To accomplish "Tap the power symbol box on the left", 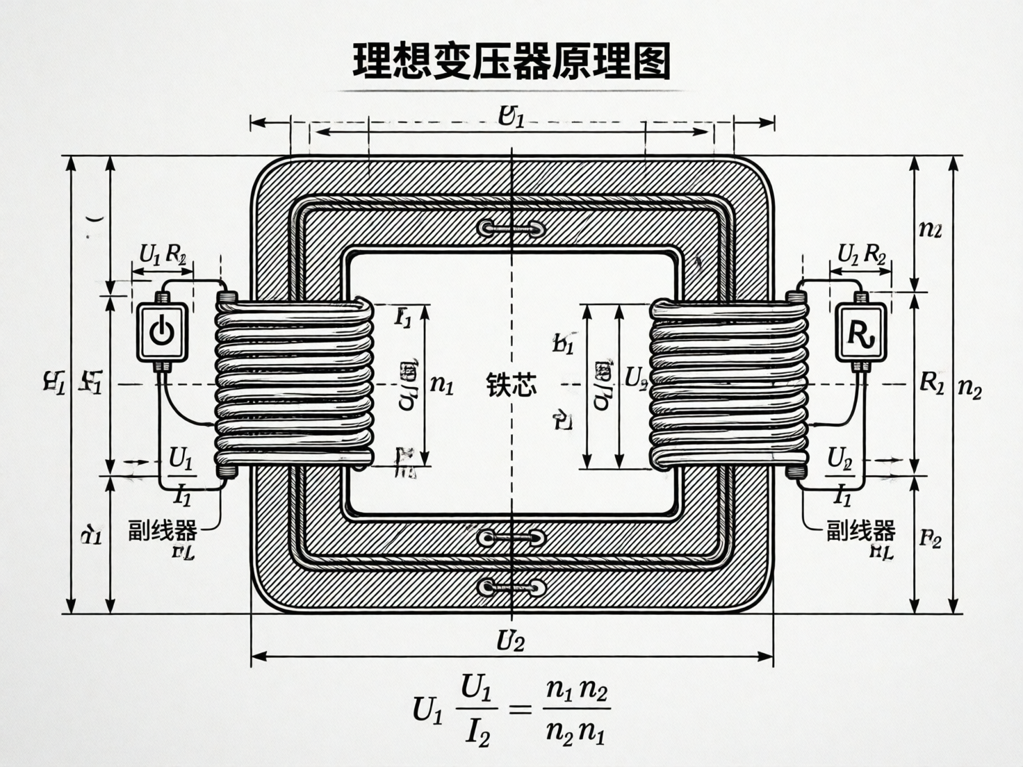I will point(161,332).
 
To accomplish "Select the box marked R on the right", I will point(861,332).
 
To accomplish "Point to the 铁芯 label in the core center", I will point(511,384).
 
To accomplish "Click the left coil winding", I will point(294,384).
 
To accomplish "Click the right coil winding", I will point(728,384).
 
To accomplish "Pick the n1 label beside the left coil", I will point(441,384).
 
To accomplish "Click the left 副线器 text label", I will point(162,530).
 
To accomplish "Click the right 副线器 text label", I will point(860,530).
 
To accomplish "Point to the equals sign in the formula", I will point(521,709).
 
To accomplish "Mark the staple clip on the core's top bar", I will point(511,228).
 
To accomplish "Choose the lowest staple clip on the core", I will point(511,588).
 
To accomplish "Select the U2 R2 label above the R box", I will point(861,255).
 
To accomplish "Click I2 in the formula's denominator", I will point(477,733).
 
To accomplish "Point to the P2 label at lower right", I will point(930,538).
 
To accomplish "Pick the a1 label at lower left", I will point(91,536).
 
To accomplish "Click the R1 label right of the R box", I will point(931,381).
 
